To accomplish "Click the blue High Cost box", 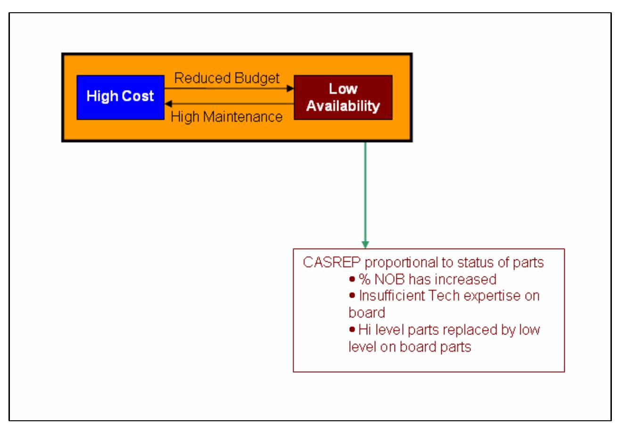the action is (121, 98).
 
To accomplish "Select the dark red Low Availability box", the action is (343, 98).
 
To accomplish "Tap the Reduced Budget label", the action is (227, 78).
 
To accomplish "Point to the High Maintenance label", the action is (227, 117).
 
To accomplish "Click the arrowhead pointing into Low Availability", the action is (290, 88).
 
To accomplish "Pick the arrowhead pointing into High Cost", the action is (168, 104).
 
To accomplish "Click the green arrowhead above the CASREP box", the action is (365, 245).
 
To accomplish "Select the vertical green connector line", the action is (365, 192).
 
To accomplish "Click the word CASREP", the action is (331, 262).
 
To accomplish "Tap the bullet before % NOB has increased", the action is (352, 279).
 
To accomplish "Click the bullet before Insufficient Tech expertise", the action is (352, 295).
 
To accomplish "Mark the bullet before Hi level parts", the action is (352, 329).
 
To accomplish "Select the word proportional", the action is (402, 263).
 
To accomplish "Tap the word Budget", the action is (257, 78).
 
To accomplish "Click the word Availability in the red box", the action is (343, 106).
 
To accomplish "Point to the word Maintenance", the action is (243, 117).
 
